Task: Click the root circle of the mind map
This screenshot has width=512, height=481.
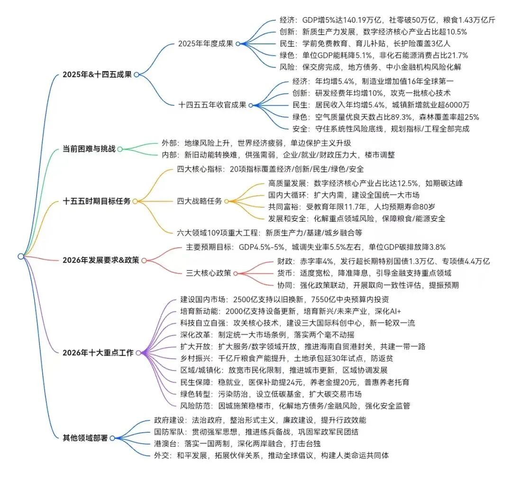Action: click(x=21, y=256)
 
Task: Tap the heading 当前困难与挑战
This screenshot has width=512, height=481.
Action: click(x=89, y=148)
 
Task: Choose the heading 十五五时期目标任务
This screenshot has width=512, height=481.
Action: click(x=97, y=201)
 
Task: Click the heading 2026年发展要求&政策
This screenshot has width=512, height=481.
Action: click(x=101, y=260)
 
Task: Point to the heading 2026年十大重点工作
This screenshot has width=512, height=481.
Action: click(x=98, y=353)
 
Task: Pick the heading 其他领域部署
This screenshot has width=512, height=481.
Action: click(x=85, y=438)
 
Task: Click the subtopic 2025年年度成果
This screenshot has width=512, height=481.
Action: click(x=205, y=44)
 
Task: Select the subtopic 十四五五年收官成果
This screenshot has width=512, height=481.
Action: click(x=212, y=105)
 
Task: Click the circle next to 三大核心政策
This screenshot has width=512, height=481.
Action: click(x=236, y=273)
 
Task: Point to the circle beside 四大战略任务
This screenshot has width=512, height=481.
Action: click(x=226, y=201)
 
